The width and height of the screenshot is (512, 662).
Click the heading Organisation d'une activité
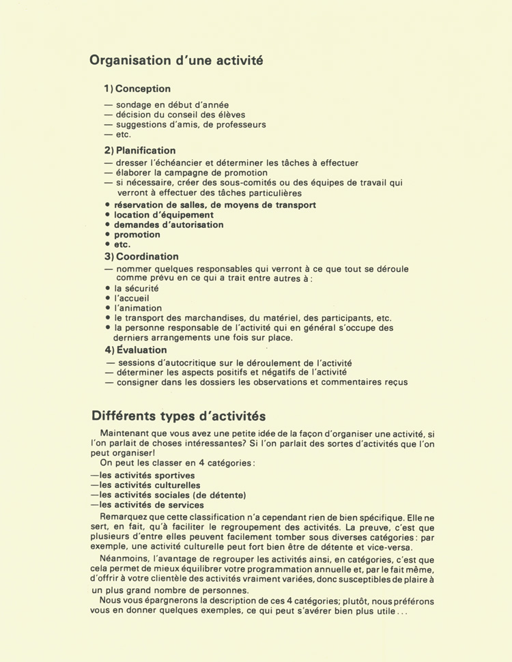(x=176, y=60)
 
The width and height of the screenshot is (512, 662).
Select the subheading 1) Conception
(x=137, y=89)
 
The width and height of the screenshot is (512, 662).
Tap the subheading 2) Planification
(x=140, y=150)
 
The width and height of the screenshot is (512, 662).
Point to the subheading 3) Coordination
(x=141, y=257)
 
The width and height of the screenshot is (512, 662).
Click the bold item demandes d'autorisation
(x=169, y=225)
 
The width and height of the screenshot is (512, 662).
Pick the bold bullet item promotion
(x=137, y=235)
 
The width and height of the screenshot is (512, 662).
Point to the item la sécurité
(x=137, y=289)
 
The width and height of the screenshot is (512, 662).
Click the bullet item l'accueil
(x=132, y=298)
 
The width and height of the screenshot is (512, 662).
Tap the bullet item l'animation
(x=138, y=308)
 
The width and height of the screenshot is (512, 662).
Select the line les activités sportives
(x=147, y=476)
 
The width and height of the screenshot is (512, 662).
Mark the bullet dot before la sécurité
(x=108, y=289)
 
